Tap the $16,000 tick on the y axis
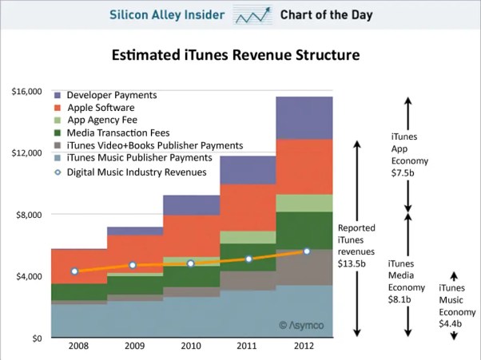tap(27, 92)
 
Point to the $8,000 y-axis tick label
tap(30, 215)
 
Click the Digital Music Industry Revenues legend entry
tap(136, 172)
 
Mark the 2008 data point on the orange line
tap(74, 271)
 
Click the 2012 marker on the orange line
tap(307, 251)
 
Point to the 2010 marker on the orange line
tap(191, 263)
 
